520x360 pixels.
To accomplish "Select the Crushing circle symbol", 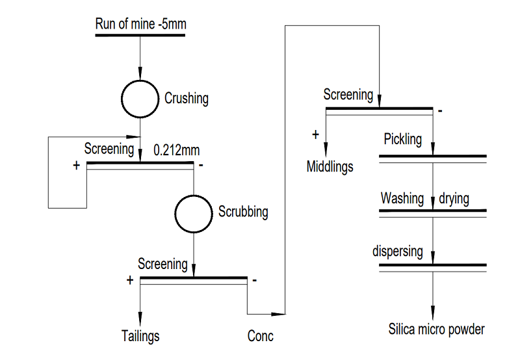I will coord(140,99).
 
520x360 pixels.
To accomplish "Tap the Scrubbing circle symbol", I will coord(193,212).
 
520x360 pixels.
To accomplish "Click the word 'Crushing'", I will coord(187,99).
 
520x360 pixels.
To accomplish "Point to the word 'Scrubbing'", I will coord(243,212).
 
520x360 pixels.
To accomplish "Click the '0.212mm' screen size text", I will coord(176,149).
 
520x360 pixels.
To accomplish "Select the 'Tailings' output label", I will coord(140,336).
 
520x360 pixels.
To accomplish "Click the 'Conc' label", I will coord(260,336).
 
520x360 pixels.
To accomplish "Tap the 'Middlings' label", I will coord(330,166).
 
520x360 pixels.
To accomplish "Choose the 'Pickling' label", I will coord(402,139).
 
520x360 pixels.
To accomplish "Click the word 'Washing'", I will coord(402,198).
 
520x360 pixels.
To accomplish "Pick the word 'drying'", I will coord(454,198).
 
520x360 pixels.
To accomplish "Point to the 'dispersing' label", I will coord(397,251).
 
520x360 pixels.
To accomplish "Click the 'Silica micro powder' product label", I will coord(436,329).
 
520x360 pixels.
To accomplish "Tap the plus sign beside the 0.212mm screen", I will coord(77,166).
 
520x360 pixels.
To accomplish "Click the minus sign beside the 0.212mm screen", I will coord(201,166).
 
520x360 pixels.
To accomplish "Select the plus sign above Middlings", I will coord(316,135).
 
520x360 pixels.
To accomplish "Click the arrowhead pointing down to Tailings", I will coord(140,320).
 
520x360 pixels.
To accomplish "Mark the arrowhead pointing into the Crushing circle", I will coord(140,75).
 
